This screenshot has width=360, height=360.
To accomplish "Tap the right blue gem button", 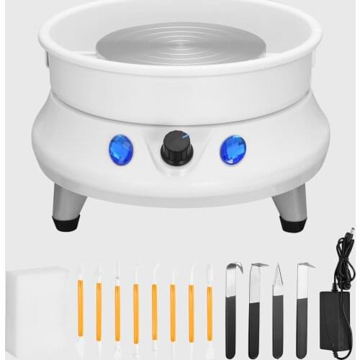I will pyautogui.click(x=233, y=149).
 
